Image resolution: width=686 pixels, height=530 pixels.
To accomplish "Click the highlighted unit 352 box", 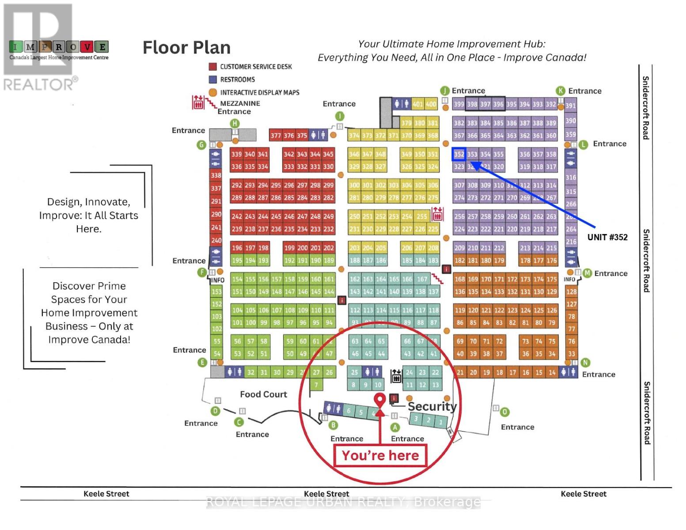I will (x=459, y=154).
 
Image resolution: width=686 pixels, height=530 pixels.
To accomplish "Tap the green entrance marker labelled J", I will (x=445, y=91).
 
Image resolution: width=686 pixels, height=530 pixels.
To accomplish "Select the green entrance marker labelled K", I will (x=561, y=91).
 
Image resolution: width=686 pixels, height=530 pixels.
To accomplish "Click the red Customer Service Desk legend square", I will (x=212, y=67).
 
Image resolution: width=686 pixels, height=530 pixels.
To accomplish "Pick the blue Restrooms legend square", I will (x=212, y=79).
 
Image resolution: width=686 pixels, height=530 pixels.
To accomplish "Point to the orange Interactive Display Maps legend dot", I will (x=212, y=92).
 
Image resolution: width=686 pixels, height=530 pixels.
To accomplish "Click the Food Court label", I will (x=263, y=394).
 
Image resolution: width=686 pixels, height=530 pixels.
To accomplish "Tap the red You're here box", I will (x=380, y=455).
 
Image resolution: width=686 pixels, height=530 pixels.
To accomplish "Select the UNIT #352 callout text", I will (x=607, y=237).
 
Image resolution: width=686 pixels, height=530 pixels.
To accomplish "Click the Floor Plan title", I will (x=186, y=48).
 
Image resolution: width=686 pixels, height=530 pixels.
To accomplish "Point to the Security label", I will (x=432, y=406).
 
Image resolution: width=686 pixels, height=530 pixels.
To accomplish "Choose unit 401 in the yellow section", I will (x=417, y=104).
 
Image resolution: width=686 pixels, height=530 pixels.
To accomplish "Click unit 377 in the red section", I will (x=276, y=136).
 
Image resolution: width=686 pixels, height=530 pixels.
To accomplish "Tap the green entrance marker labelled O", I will (x=504, y=412).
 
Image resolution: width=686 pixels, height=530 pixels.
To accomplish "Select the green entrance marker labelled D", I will (x=215, y=411).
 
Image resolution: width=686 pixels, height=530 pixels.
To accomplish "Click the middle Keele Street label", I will (x=326, y=494).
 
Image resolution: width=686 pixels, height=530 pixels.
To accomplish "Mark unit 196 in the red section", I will (x=237, y=248).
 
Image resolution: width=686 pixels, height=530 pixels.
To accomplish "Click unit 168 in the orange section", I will (x=460, y=279).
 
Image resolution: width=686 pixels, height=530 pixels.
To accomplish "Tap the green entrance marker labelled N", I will (x=585, y=363).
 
